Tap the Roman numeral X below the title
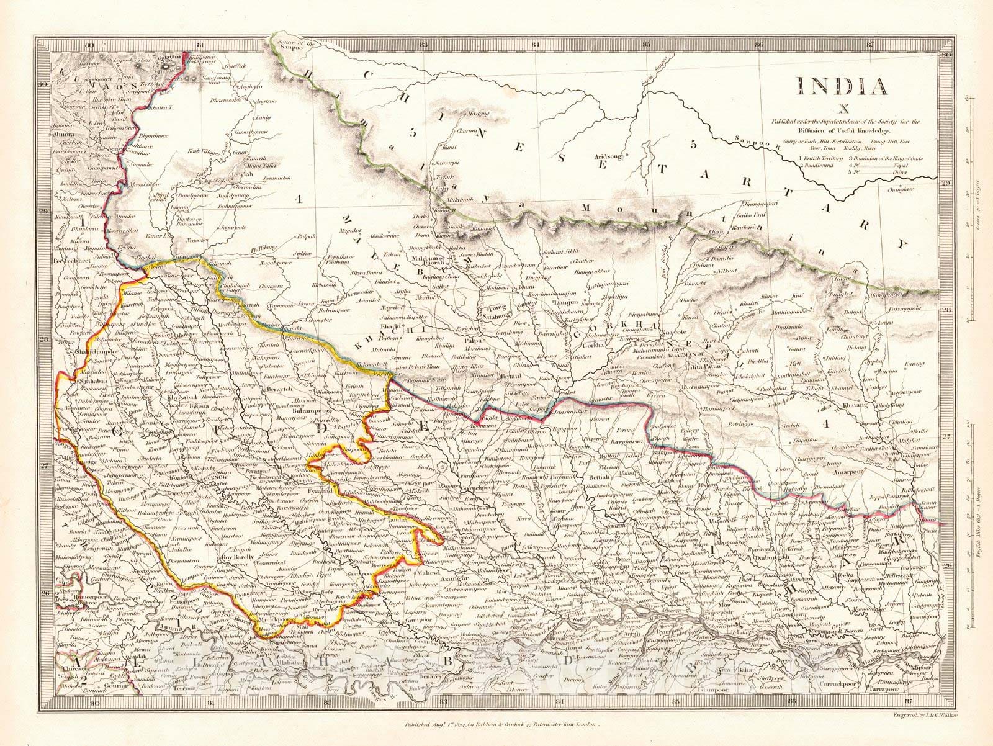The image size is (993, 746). click(x=842, y=110)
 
